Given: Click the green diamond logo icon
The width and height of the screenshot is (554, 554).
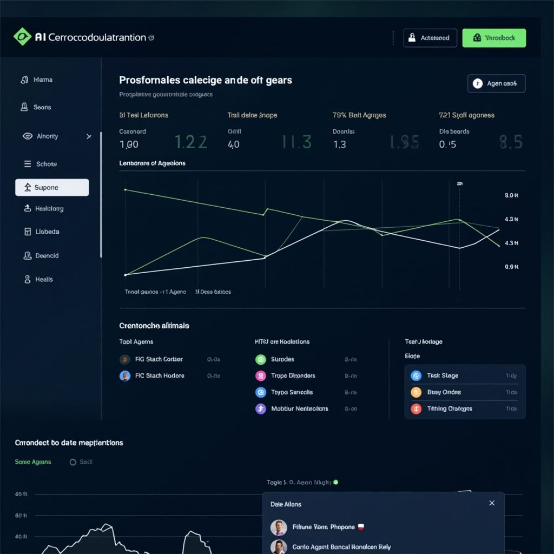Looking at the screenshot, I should click(x=22, y=37).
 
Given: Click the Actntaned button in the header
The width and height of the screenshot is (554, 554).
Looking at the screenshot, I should click(x=430, y=38).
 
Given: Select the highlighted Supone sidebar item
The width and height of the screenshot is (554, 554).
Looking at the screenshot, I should click(x=52, y=188).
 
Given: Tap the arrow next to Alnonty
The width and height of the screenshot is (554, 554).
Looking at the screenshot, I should click(x=89, y=136).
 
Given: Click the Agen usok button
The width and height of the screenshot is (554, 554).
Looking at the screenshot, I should click(x=496, y=84).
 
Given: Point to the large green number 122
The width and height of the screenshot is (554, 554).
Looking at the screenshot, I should click(x=191, y=142).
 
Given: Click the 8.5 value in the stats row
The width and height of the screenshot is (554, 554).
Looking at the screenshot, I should click(x=510, y=142).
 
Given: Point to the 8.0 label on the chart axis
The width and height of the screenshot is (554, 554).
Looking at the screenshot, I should click(x=511, y=195).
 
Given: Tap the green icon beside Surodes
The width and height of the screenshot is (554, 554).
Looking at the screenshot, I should click(x=261, y=359).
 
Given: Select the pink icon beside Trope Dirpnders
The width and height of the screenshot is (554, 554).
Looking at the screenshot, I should click(x=261, y=376).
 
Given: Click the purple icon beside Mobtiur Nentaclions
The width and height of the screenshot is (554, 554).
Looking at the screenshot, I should click(x=261, y=409).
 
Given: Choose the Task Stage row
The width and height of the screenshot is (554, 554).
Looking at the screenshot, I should click(x=465, y=375).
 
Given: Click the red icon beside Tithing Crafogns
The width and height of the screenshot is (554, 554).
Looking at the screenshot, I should click(x=416, y=409).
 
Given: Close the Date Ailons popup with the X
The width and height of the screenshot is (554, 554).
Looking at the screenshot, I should click(x=492, y=503).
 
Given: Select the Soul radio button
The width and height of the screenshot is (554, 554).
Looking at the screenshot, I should click(x=73, y=462).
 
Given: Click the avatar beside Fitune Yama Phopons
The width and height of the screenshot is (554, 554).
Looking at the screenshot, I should click(x=279, y=527).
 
